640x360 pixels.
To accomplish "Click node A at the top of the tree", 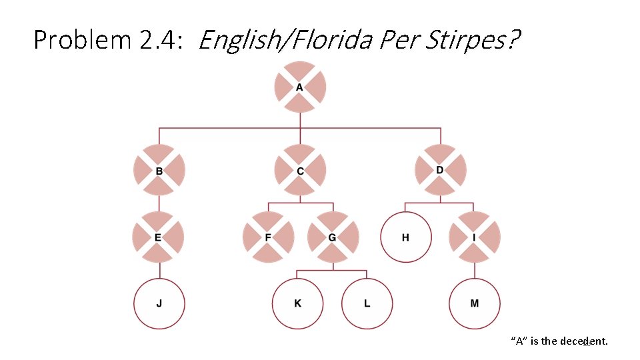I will click(300, 87).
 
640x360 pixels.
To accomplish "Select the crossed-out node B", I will click(159, 170).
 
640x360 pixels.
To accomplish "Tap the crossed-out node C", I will click(300, 170).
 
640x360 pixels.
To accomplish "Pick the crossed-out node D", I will click(440, 170).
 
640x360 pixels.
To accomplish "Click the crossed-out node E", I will click(159, 237).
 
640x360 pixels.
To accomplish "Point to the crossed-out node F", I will click(268, 237).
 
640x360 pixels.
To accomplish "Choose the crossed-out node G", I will click(332, 237).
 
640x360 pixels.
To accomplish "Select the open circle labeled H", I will click(405, 237).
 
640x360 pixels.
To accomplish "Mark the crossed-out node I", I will click(474, 237).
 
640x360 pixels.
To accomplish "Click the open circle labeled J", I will click(159, 304).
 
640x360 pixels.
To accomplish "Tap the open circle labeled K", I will click(297, 304).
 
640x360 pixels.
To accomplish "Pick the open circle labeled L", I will click(367, 304).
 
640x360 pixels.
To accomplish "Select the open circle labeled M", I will click(474, 304).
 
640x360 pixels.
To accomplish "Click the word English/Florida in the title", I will click(285, 41).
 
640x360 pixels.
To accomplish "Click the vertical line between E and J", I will click(159, 270).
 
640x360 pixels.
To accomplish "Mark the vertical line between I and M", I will click(474, 270).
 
